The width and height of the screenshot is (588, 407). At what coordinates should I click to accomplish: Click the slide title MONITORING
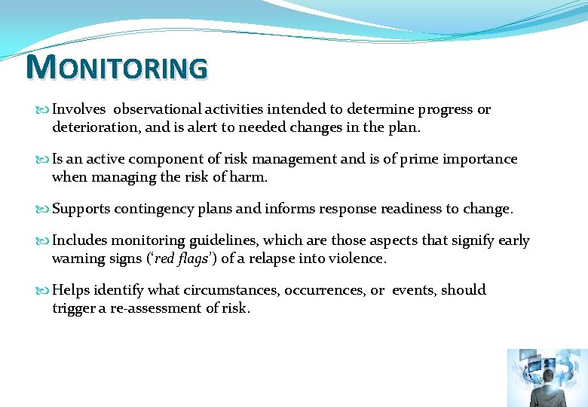pos(116,67)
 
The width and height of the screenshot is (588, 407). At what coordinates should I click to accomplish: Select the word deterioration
pos(95,127)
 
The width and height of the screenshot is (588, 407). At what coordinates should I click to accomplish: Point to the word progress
pos(444,110)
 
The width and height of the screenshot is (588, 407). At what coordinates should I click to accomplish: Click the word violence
pos(357,259)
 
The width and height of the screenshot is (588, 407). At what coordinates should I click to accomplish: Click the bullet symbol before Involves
pos(43,110)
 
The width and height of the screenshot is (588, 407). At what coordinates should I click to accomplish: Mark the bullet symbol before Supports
pos(43,209)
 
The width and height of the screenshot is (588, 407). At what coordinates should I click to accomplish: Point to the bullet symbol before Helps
pos(43,290)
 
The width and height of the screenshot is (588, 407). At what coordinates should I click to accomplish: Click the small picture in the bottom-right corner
pos(547,378)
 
